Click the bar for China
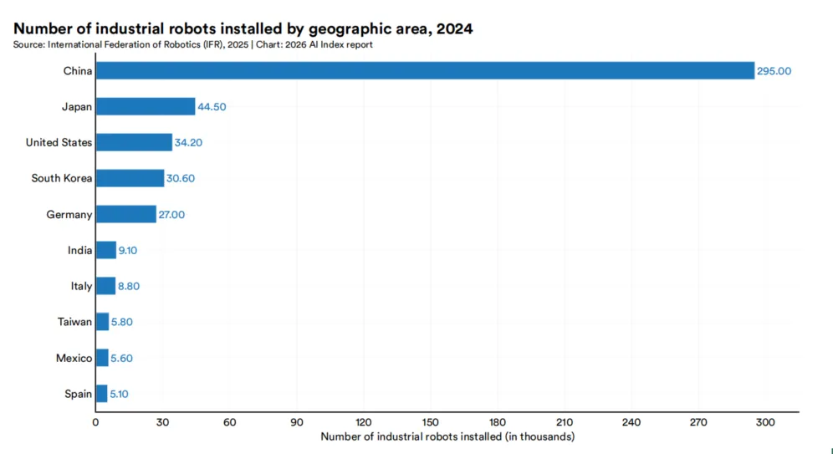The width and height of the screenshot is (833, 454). (x=425, y=70)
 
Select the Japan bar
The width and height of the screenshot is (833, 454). (x=146, y=107)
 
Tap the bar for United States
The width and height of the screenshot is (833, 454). (x=134, y=142)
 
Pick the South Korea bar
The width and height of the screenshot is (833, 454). (x=130, y=178)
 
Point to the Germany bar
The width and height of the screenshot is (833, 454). (x=126, y=215)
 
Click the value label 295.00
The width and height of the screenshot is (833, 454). (x=774, y=71)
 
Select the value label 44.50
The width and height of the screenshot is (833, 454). (x=212, y=107)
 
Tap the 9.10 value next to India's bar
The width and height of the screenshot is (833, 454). (x=127, y=250)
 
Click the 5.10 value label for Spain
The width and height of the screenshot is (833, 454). (x=119, y=394)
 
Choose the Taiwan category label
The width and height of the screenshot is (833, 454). (x=75, y=322)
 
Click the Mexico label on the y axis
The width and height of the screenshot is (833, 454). (x=74, y=359)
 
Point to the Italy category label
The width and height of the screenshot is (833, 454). (x=81, y=286)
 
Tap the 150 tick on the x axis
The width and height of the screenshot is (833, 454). (x=431, y=423)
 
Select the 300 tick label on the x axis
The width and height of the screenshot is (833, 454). (x=765, y=423)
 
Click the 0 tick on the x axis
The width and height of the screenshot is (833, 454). (x=95, y=423)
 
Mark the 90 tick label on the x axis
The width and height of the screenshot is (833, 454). (x=296, y=423)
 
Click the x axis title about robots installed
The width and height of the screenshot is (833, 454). (x=447, y=437)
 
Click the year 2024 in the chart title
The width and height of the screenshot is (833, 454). (x=455, y=28)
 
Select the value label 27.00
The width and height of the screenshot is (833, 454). (x=171, y=215)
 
